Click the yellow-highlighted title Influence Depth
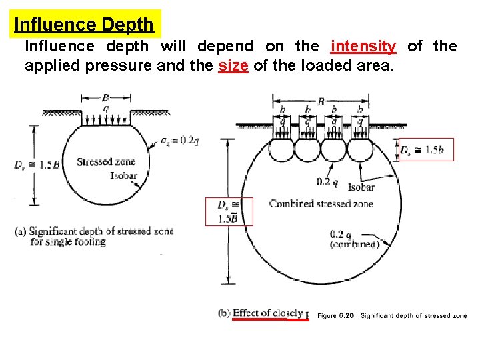(x=84, y=25)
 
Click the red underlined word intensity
(x=363, y=46)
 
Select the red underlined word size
(x=233, y=67)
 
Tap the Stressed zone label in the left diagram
(x=106, y=161)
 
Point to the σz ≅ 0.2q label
(x=179, y=140)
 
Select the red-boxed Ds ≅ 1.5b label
(x=424, y=150)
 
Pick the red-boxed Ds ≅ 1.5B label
(x=229, y=211)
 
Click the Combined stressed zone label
(x=321, y=203)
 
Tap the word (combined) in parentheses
(x=354, y=244)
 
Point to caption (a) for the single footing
(x=93, y=236)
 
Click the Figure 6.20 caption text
(x=392, y=315)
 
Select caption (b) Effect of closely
(x=262, y=313)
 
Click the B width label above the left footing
(x=105, y=97)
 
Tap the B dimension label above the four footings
(x=320, y=101)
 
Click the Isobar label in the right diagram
(x=361, y=187)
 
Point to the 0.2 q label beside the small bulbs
(x=327, y=181)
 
